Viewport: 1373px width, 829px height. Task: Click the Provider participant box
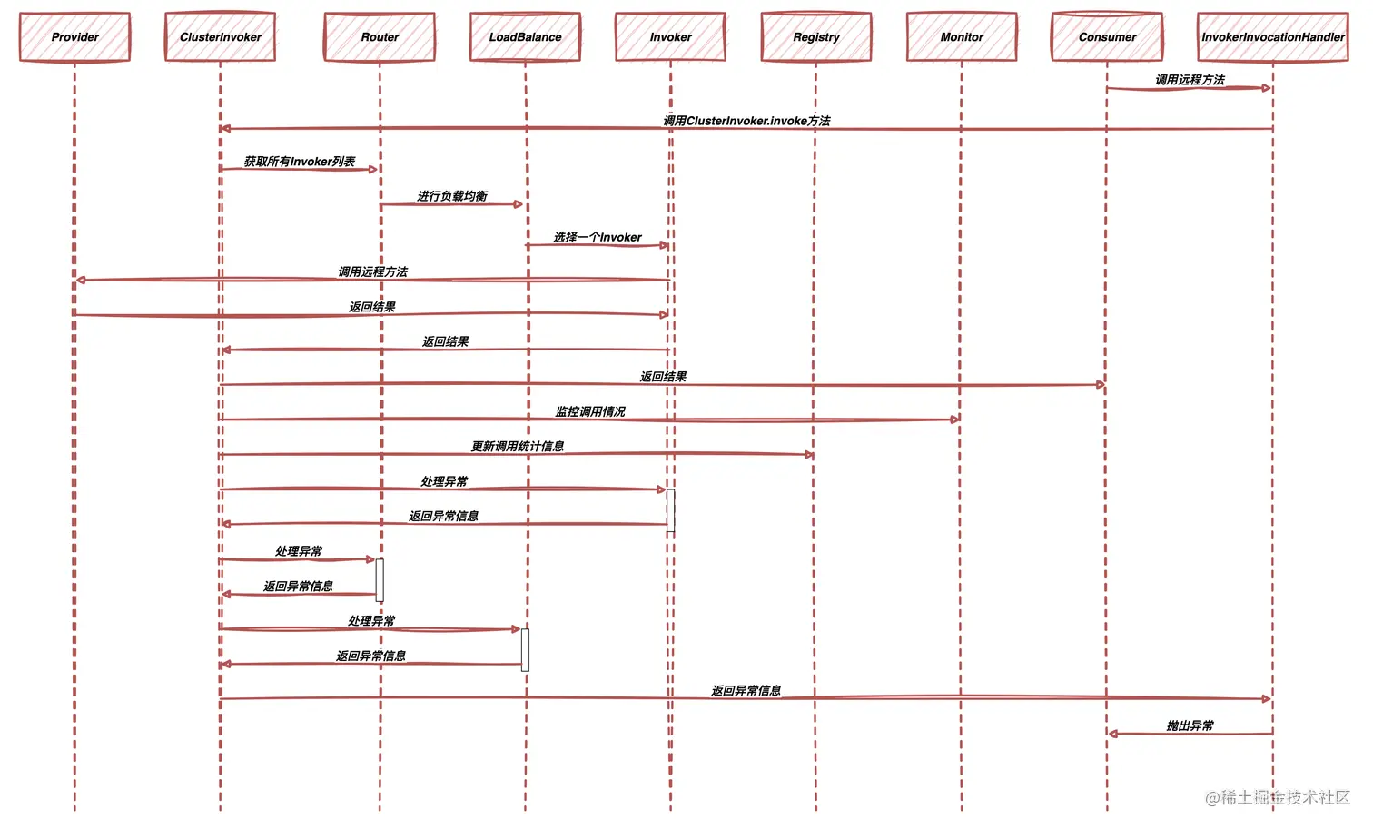coord(74,37)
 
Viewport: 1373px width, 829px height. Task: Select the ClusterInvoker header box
coord(220,37)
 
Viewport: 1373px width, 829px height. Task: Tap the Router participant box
coord(380,37)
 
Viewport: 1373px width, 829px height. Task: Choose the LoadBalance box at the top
coord(525,37)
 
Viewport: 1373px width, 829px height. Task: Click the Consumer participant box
coord(1107,37)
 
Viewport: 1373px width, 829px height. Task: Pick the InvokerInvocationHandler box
coord(1272,37)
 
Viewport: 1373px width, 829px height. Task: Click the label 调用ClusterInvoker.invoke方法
coord(746,121)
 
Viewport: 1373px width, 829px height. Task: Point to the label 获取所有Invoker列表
coord(300,162)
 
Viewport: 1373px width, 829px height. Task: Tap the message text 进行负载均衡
coord(452,196)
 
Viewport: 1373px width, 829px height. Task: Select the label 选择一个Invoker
coord(598,237)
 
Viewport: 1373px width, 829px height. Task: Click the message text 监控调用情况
coord(590,411)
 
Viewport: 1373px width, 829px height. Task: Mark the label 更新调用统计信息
coord(518,446)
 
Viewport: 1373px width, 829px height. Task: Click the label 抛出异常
coord(1190,725)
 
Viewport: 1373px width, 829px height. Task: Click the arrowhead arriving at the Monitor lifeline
coord(955,419)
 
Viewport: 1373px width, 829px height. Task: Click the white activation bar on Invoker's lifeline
coord(671,510)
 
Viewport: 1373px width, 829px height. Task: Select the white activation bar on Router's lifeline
coord(380,580)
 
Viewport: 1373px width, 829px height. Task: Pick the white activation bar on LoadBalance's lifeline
coord(525,650)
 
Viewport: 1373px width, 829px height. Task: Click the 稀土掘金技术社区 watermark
coord(1278,797)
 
